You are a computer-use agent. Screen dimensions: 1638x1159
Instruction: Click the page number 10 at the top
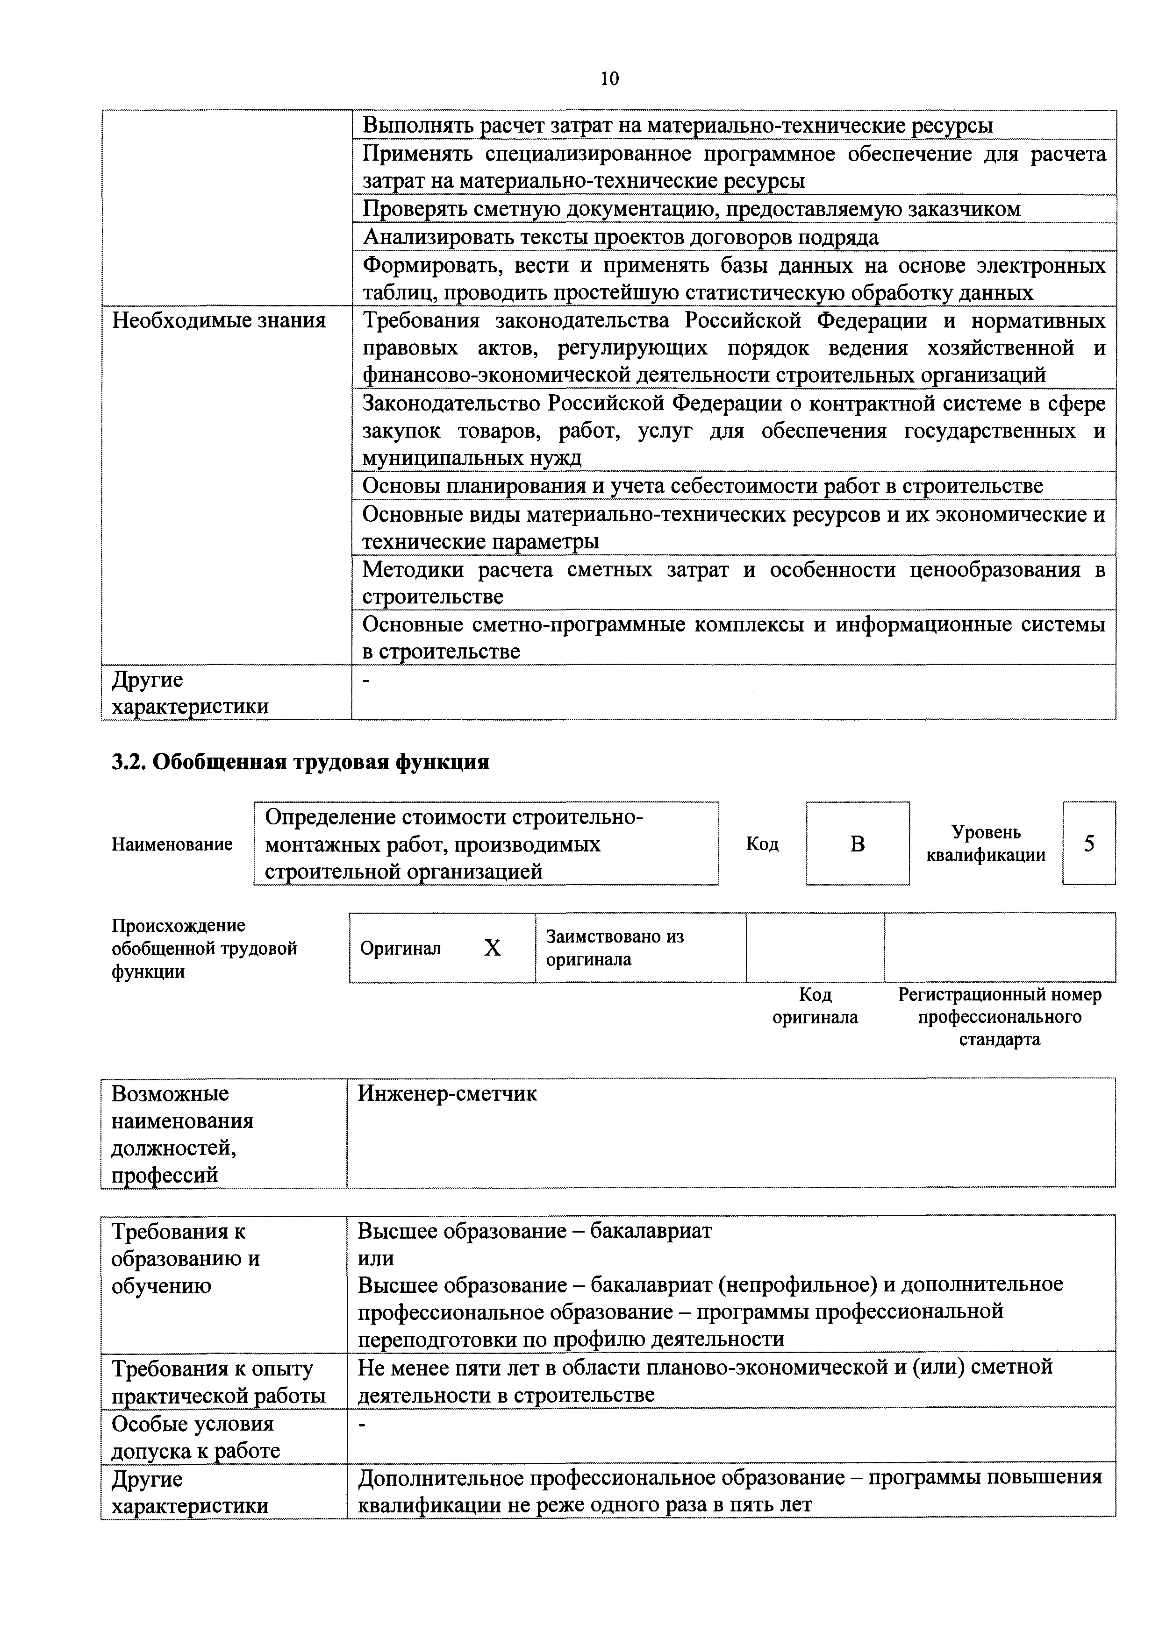[x=609, y=78]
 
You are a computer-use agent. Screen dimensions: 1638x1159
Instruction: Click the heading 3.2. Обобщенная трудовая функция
[x=300, y=762]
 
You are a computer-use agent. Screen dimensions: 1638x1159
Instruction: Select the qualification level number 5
[x=1088, y=844]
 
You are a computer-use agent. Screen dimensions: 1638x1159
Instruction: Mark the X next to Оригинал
[x=493, y=948]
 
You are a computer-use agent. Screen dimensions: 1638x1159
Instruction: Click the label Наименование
[x=172, y=844]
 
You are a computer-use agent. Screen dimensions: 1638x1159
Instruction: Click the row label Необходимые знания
[x=219, y=321]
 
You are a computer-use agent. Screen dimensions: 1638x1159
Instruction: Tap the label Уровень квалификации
[x=986, y=844]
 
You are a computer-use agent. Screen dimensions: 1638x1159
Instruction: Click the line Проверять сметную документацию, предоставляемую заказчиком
[x=691, y=210]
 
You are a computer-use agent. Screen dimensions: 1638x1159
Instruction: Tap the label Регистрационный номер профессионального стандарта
[x=999, y=1017]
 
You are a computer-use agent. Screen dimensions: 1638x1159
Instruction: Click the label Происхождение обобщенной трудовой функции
[x=204, y=948]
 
